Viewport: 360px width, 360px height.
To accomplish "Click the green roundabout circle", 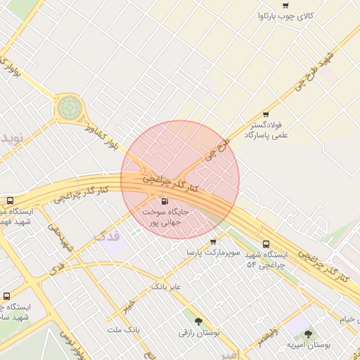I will (69, 108).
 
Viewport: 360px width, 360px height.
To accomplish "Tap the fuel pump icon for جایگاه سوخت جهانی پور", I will (165, 201).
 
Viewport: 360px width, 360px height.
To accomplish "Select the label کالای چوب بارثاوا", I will (295, 15).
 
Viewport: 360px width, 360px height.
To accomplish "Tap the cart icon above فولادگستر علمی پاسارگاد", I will (266, 115).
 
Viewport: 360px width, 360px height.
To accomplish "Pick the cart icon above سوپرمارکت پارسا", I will (213, 241).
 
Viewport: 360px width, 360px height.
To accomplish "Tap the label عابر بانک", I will (166, 287).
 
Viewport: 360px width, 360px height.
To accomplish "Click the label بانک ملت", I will (124, 329).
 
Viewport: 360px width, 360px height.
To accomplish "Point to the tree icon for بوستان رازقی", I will (199, 320).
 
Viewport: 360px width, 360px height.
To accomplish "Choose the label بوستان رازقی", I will (200, 332).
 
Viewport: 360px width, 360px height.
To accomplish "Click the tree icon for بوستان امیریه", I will (308, 333).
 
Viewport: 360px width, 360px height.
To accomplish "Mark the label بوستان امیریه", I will (309, 345).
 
